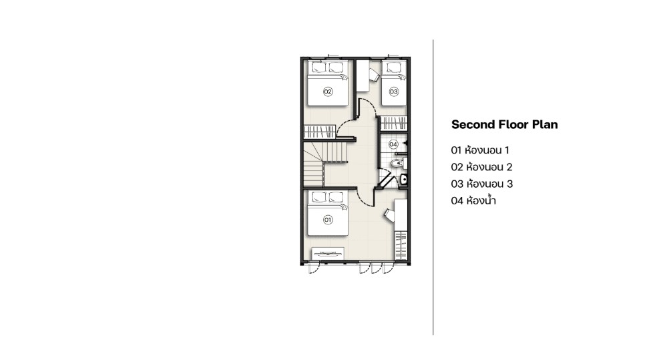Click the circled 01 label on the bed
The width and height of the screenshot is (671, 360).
pos(328,220)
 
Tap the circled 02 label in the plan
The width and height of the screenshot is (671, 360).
pos(328,92)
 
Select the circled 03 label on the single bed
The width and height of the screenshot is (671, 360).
pos(394,92)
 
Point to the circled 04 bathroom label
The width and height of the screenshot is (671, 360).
pos(393,144)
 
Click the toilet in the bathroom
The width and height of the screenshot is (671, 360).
pos(398,163)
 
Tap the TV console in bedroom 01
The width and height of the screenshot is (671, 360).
pos(328,253)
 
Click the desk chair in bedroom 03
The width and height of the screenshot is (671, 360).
pos(374,75)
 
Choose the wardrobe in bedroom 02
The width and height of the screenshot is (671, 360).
pos(320,132)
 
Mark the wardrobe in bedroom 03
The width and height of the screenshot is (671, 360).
pos(393,123)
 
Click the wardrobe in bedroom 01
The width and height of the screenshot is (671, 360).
pos(401,245)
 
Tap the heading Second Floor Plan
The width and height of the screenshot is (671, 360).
pos(505,125)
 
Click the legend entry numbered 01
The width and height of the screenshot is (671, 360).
pos(479,150)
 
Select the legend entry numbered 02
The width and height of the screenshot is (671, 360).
pos(481,167)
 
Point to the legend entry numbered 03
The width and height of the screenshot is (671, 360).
pos(481,184)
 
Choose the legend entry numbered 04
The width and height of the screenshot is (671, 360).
pos(473,200)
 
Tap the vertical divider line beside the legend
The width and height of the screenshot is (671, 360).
pos(433,188)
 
